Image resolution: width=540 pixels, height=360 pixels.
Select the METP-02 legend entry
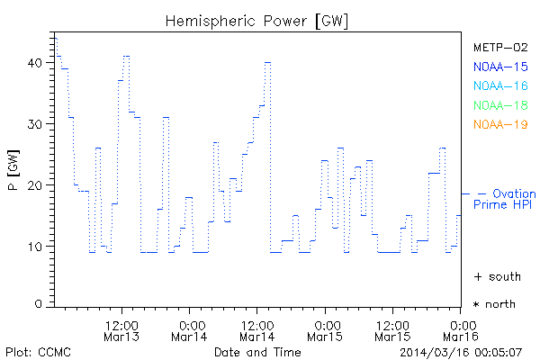(499, 47)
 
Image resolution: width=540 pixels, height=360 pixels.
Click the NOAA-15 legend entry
(499, 67)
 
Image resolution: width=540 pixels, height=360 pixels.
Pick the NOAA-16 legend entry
(499, 85)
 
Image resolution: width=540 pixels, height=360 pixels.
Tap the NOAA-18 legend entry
(499, 105)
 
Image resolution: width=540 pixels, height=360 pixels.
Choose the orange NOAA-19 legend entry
(499, 124)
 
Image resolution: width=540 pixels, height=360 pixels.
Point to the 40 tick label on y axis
(34, 63)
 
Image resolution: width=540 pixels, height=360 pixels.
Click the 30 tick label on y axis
(34, 124)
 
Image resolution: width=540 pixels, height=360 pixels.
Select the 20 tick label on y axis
(34, 185)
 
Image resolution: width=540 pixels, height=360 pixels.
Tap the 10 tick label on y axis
(34, 246)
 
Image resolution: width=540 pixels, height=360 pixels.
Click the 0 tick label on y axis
(38, 304)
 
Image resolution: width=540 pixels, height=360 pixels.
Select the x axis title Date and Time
(256, 351)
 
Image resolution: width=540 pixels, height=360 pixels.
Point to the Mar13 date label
(121, 337)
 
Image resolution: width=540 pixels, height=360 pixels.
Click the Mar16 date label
(460, 337)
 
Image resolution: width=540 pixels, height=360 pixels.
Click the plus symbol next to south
(477, 275)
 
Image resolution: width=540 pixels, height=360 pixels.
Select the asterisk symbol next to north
(477, 305)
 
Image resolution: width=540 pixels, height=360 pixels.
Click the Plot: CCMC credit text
(38, 351)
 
